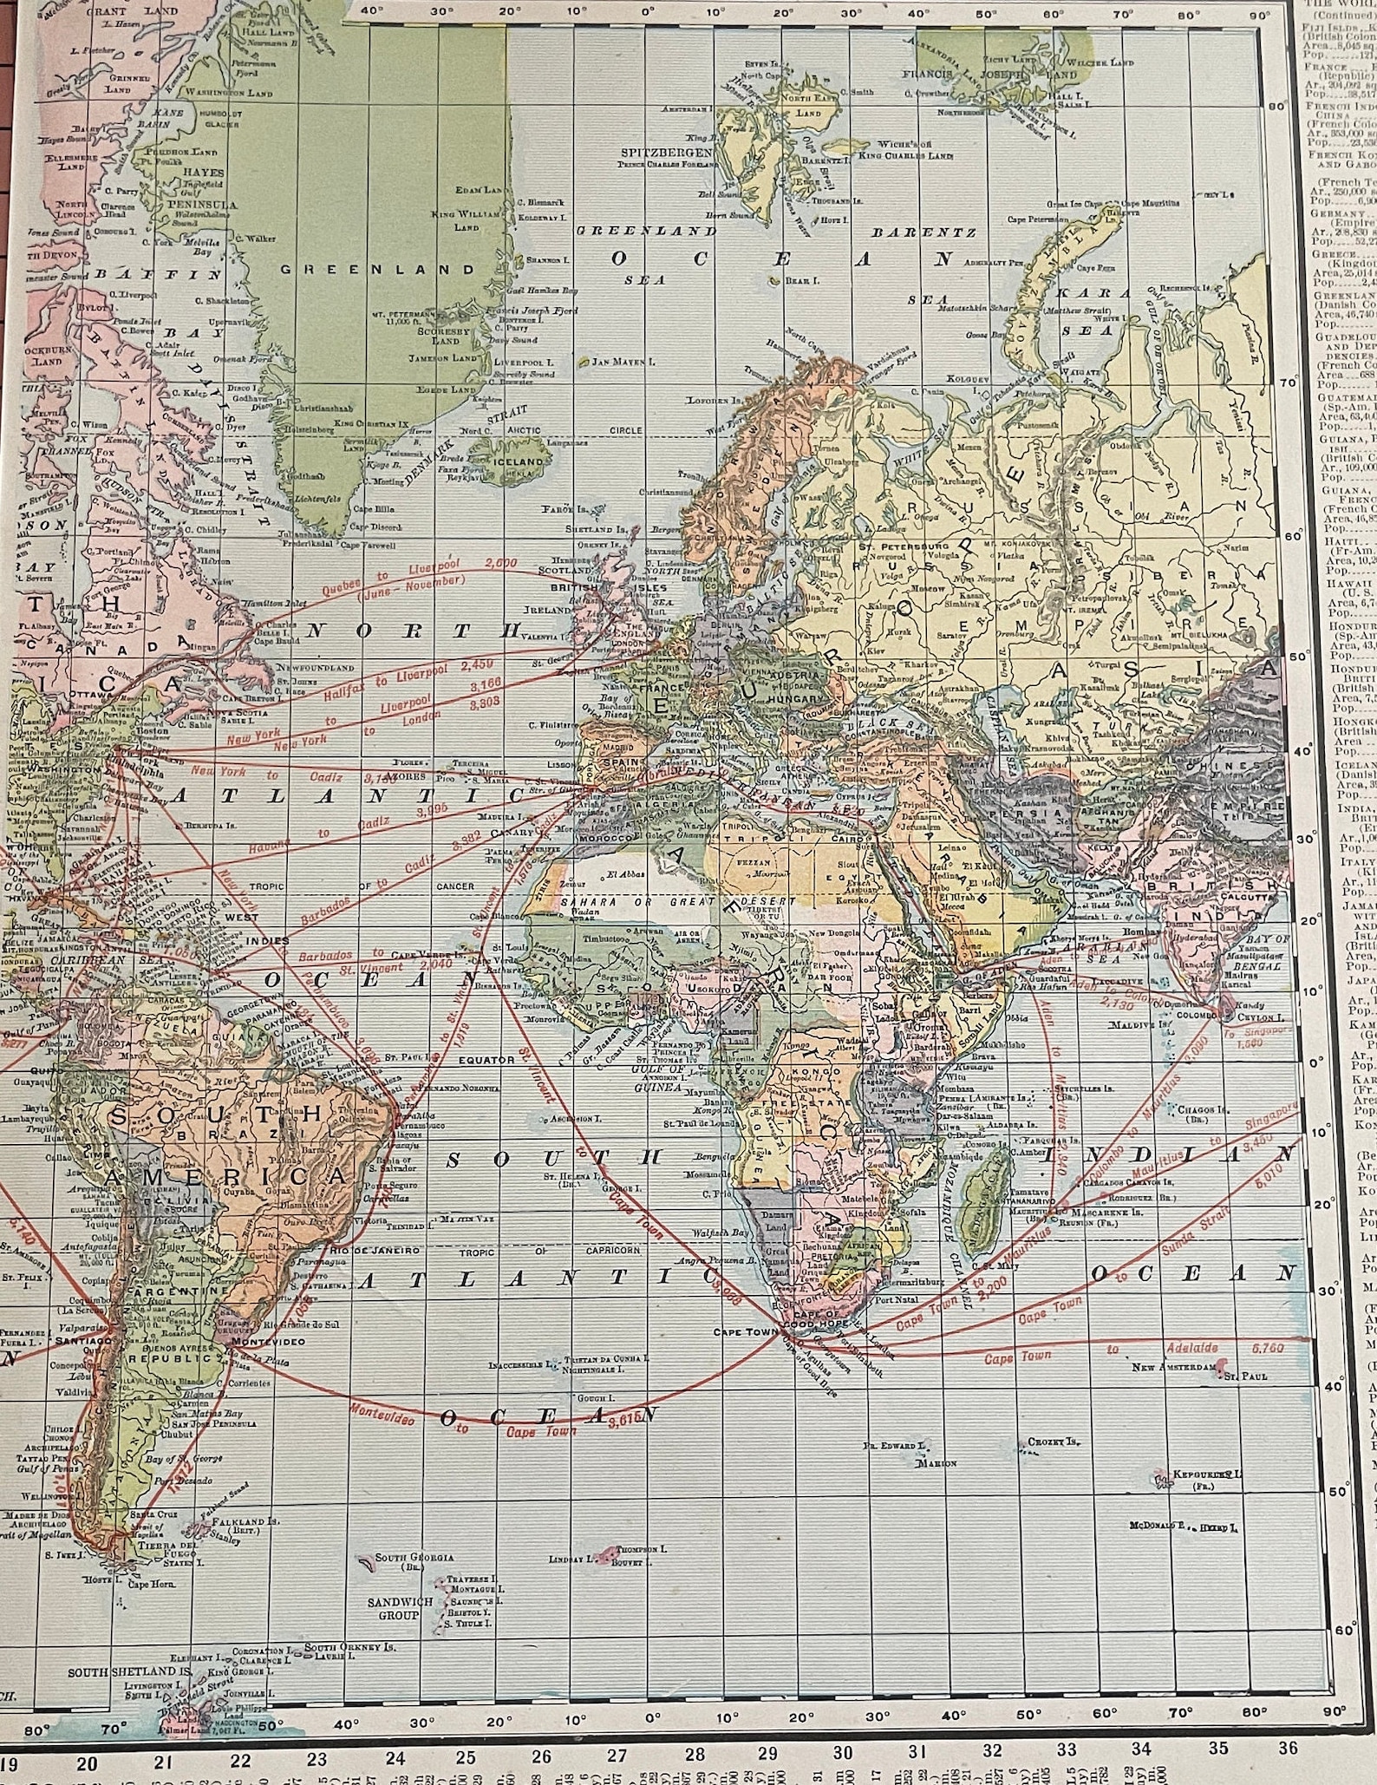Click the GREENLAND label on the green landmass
tap(378, 270)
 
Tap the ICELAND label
tap(519, 462)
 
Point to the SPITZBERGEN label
tap(666, 153)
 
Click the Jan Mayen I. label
tap(622, 362)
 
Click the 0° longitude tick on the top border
tap(649, 12)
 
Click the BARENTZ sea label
tap(923, 232)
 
